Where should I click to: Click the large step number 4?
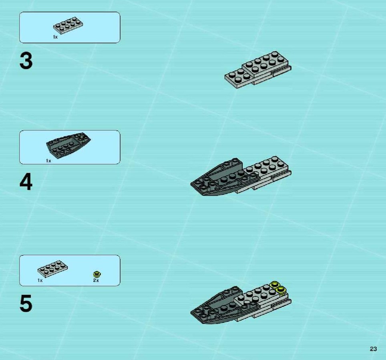[26, 182]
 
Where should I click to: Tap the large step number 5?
[26, 304]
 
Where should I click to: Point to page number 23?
[373, 349]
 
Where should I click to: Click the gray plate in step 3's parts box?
[68, 25]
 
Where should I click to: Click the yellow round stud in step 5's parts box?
[97, 274]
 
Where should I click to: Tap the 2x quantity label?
[96, 280]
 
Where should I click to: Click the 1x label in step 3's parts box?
[55, 37]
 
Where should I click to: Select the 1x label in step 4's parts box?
[48, 161]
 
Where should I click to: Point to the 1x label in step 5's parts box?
[40, 280]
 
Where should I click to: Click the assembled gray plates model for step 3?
[258, 70]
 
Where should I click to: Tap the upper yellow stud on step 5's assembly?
[274, 285]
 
